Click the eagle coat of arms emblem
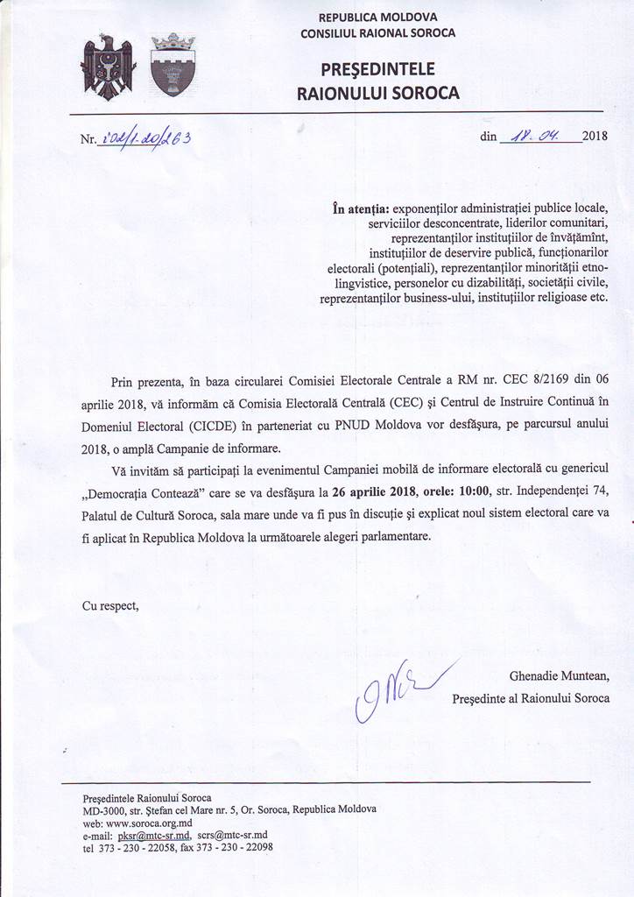[x=107, y=66]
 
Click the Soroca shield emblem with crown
[x=173, y=65]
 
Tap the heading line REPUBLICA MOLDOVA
[x=377, y=17]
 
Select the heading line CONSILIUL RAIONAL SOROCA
[x=377, y=33]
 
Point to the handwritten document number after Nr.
[x=145, y=138]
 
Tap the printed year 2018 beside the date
[x=595, y=137]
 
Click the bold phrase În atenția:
[x=360, y=209]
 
